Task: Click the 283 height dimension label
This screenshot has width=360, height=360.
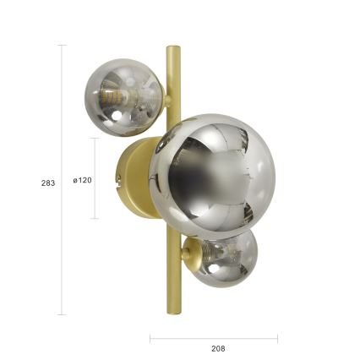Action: (x=47, y=183)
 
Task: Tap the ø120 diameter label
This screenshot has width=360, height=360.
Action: (x=82, y=180)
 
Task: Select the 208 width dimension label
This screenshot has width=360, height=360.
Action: (x=218, y=347)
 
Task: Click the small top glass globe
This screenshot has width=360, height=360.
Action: (x=123, y=95)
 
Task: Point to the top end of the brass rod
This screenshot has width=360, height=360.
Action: (x=173, y=49)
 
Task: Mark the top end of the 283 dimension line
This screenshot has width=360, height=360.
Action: (x=62, y=46)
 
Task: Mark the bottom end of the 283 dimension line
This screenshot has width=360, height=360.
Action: (x=62, y=314)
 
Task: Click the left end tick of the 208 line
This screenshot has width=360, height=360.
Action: (x=150, y=339)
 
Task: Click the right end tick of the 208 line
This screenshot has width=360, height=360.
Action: (x=277, y=339)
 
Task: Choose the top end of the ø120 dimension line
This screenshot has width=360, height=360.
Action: (x=95, y=139)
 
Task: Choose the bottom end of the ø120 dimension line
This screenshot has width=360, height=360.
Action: (x=95, y=218)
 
